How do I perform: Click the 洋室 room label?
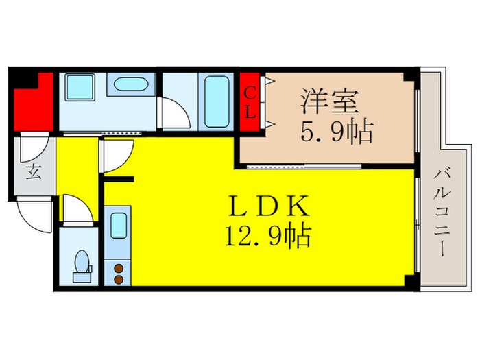tap(328, 104)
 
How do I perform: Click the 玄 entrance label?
tap(33, 171)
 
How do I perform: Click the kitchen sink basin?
tap(118, 226)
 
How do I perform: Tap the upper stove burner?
tap(118, 267)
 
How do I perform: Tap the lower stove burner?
tap(118, 279)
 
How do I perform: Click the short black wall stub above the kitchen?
tap(118, 180)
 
